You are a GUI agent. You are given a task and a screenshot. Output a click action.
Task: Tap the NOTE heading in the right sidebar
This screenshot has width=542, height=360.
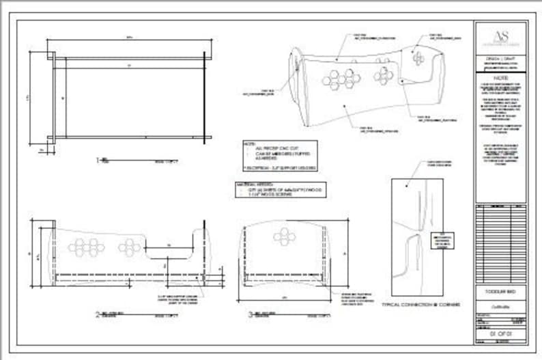click(500, 78)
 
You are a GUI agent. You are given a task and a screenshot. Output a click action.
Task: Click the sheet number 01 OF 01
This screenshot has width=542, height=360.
click(500, 332)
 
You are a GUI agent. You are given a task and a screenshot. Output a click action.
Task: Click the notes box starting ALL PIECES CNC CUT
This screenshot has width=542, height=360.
click(281, 156)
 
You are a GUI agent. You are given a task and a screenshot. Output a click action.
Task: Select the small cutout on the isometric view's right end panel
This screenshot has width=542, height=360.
click(418, 59)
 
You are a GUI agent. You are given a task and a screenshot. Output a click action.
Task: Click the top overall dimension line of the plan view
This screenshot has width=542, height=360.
click(128, 39)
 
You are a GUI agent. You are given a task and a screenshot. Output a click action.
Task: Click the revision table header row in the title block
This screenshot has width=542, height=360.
click(500, 206)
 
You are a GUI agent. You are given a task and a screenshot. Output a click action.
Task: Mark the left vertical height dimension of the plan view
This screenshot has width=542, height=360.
click(30, 97)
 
